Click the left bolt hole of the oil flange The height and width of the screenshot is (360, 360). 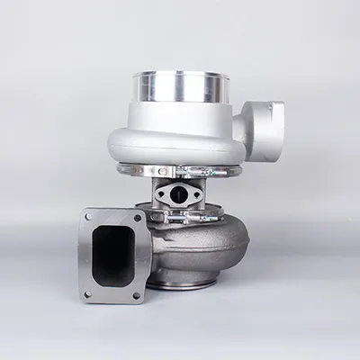pyautogui.click(x=160, y=193)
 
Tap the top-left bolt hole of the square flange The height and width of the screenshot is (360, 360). pyautogui.click(x=88, y=216)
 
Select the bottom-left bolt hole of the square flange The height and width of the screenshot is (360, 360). pyautogui.click(x=88, y=292)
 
